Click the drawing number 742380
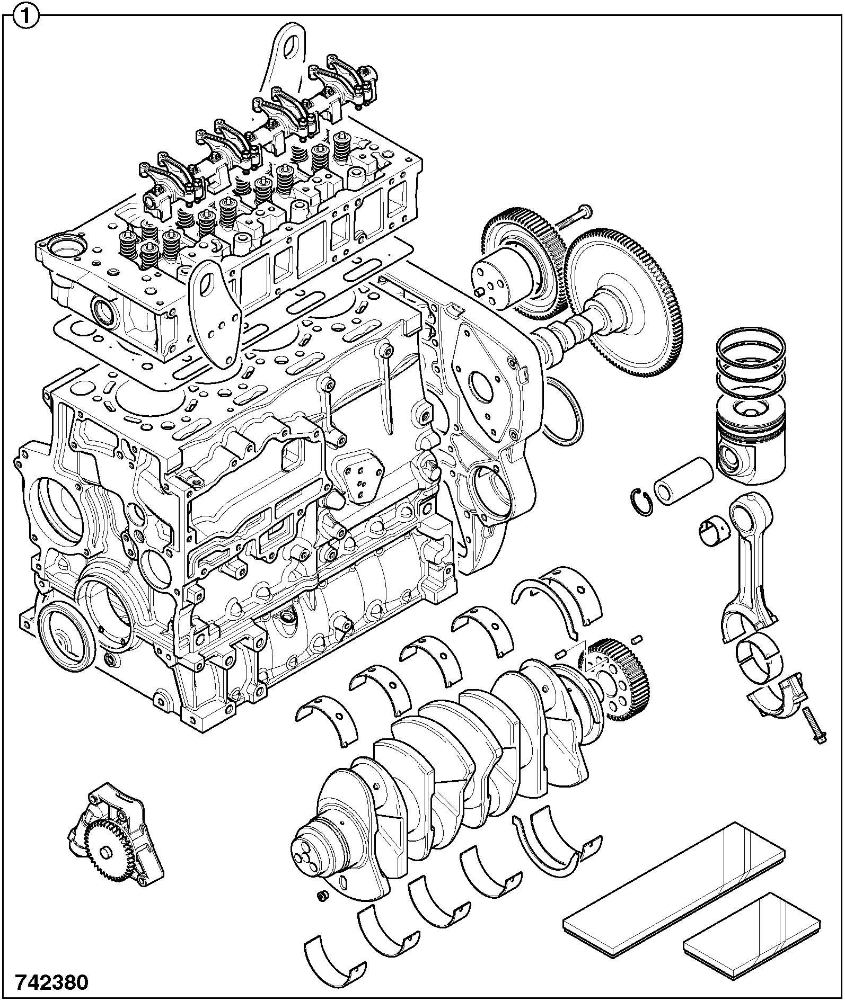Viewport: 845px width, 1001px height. click(52, 982)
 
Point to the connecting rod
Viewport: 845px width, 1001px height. click(750, 561)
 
